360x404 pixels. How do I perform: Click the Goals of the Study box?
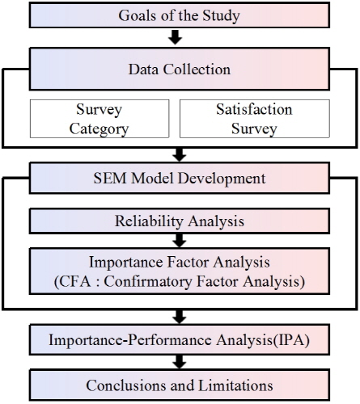[x=180, y=15]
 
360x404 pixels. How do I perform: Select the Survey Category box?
[x=100, y=119]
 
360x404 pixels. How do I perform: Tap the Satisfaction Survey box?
[x=255, y=119]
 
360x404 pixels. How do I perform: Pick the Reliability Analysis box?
[x=180, y=221]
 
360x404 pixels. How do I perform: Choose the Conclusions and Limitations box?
[x=180, y=385]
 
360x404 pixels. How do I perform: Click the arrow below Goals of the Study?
[x=176, y=37]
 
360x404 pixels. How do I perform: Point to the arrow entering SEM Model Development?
[x=180, y=155]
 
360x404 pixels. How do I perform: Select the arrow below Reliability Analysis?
[x=180, y=240]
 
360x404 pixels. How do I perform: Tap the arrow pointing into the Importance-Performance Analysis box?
[x=180, y=317]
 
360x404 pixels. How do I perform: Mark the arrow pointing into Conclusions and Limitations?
[x=180, y=362]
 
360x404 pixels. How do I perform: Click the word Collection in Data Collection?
[x=197, y=69]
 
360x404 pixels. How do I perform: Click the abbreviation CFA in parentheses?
[x=74, y=282]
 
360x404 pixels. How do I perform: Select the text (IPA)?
[x=291, y=340]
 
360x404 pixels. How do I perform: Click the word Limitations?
[x=236, y=385]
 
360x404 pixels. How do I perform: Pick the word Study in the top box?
[x=221, y=16]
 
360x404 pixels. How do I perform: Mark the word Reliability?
[x=149, y=221]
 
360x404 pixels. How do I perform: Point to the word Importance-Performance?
[x=130, y=340]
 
